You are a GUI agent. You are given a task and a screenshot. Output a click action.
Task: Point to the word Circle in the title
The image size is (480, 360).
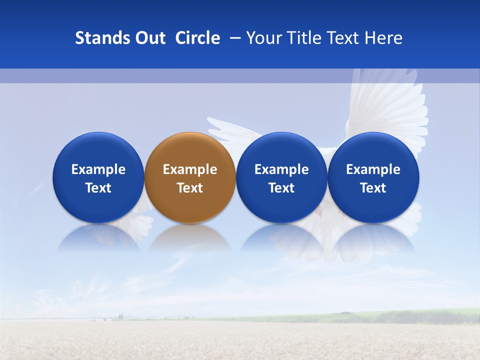(197, 38)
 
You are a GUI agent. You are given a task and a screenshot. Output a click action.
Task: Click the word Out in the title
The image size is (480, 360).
(149, 38)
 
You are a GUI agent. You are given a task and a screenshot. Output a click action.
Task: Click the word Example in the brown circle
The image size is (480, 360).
(190, 169)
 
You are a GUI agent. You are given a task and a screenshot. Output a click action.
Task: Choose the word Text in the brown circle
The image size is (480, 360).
(190, 188)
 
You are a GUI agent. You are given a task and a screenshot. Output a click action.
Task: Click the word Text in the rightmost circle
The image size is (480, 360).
(373, 188)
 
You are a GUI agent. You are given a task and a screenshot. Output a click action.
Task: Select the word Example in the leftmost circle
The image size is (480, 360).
(98, 169)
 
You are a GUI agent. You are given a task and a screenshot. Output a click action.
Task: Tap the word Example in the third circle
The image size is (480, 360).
(281, 169)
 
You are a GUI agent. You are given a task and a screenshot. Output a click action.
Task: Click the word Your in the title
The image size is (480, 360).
(263, 38)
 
